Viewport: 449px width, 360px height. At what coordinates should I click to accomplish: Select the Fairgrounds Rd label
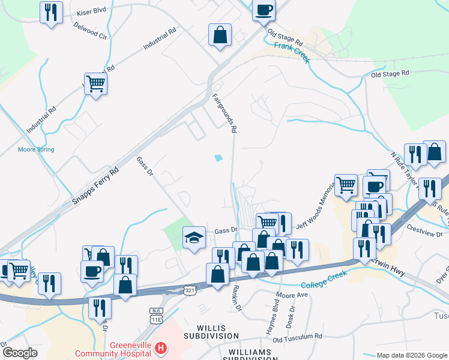pyautogui.click(x=225, y=113)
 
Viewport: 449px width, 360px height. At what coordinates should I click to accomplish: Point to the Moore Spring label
pyautogui.click(x=36, y=149)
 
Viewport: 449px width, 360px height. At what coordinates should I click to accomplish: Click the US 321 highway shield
pyautogui.click(x=189, y=290)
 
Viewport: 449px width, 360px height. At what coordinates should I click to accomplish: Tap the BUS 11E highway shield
pyautogui.click(x=157, y=316)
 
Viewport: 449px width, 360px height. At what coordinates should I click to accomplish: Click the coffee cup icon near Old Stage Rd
pyautogui.click(x=264, y=10)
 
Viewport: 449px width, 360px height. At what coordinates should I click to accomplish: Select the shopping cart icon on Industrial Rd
pyautogui.click(x=95, y=83)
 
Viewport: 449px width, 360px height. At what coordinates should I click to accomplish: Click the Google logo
pyautogui.click(x=20, y=352)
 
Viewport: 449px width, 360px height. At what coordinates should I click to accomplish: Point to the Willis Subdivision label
pyautogui.click(x=219, y=329)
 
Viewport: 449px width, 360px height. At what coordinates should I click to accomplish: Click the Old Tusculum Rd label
pyautogui.click(x=297, y=339)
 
